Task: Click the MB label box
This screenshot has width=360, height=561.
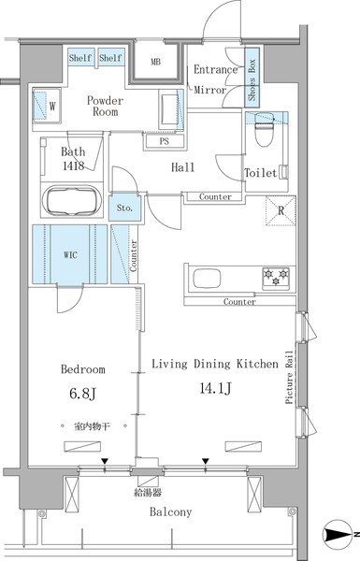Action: [155, 62]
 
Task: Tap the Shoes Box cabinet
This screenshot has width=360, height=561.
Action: [252, 77]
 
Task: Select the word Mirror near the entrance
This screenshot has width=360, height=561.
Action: [210, 90]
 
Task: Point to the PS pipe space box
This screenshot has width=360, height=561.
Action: [165, 141]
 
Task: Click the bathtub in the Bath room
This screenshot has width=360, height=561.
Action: [73, 200]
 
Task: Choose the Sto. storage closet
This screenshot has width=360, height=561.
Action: [124, 208]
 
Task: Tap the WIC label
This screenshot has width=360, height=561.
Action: [70, 255]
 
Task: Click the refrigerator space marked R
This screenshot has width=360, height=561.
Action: [281, 210]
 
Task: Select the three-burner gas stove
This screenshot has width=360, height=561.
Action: [276, 278]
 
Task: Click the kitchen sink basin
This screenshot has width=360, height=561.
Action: [207, 279]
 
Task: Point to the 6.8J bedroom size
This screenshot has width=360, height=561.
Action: [82, 394]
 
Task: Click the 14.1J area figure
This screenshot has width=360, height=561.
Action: [215, 388]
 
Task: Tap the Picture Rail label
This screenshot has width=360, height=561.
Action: [289, 378]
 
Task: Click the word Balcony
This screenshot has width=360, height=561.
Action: [171, 512]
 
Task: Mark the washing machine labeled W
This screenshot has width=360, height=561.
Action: [47, 106]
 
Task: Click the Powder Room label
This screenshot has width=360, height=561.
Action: [106, 106]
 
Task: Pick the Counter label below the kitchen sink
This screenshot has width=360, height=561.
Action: [239, 302]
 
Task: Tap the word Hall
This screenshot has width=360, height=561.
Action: [183, 167]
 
